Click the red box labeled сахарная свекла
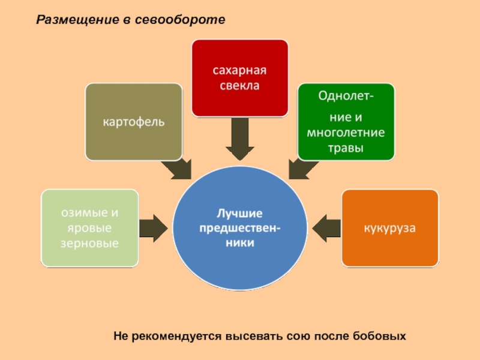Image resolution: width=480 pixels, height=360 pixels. click(x=239, y=78)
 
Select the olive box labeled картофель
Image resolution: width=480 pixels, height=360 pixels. click(x=133, y=122)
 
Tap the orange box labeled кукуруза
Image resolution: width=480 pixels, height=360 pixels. click(x=390, y=228)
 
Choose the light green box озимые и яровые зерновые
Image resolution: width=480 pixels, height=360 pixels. click(x=90, y=228)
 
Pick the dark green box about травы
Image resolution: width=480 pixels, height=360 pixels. click(x=346, y=122)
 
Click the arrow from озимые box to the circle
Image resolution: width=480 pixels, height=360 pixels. click(x=154, y=228)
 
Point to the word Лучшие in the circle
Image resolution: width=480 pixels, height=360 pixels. click(x=240, y=213)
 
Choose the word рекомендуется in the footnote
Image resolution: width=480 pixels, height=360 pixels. click(x=172, y=337)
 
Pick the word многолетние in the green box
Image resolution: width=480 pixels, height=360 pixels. click(x=346, y=133)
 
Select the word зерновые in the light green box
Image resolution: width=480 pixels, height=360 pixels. click(x=89, y=243)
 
